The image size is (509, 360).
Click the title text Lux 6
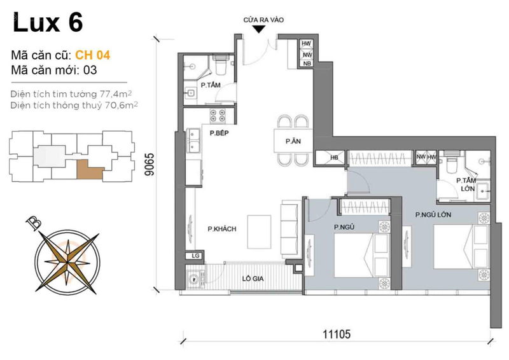48,22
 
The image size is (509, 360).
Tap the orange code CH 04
92,55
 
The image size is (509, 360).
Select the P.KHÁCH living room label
222,229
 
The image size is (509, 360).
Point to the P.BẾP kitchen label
219,133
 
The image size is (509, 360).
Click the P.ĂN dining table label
293,141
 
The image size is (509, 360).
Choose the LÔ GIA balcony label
253,279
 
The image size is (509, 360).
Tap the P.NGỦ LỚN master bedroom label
433,214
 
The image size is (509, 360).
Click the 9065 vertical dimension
150,164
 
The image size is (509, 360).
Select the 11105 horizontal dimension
337,334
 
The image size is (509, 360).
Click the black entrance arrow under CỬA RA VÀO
259,29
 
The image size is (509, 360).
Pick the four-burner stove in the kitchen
218,116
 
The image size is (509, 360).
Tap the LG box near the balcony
195,256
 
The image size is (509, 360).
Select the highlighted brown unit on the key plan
89,170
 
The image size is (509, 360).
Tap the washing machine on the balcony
194,279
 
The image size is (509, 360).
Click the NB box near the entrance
307,64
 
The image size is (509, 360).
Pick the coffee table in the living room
260,232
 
